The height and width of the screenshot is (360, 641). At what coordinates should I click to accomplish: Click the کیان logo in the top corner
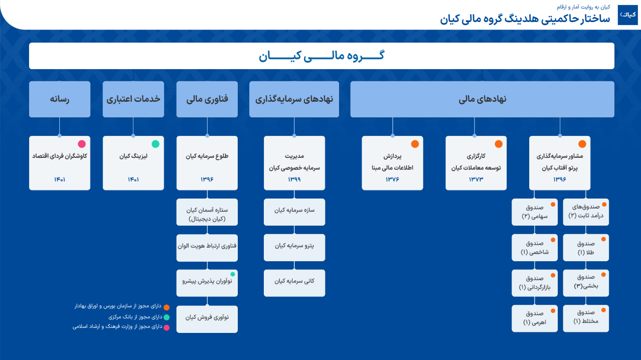[627, 15]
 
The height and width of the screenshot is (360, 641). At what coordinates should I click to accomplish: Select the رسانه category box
[60, 99]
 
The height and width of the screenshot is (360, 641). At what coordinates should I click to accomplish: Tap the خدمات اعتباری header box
[133, 99]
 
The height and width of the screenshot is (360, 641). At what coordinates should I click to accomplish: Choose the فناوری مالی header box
[207, 99]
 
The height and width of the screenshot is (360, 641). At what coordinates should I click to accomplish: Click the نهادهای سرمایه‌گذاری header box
[294, 99]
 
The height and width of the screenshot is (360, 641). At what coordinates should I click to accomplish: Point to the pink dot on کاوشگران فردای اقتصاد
[82, 144]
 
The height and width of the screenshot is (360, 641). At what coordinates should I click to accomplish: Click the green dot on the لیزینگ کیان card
[155, 144]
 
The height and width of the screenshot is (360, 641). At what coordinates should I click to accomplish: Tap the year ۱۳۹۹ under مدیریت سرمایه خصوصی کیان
[294, 179]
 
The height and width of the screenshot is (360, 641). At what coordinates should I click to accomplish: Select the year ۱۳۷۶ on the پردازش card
[392, 179]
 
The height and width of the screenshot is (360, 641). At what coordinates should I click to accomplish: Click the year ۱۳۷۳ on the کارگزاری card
[476, 179]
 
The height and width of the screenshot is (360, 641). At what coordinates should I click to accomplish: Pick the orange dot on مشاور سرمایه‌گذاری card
[582, 144]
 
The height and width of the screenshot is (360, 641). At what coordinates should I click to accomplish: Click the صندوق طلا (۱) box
[586, 248]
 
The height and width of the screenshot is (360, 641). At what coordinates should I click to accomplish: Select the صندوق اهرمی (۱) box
[535, 318]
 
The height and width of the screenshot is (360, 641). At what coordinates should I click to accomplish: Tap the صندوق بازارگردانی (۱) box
[535, 283]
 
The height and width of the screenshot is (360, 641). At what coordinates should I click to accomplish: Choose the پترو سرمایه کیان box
[294, 248]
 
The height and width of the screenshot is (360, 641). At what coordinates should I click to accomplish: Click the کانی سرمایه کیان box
[294, 283]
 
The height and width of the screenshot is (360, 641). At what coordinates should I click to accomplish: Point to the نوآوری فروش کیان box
[207, 319]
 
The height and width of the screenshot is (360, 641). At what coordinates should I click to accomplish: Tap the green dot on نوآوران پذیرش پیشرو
[233, 274]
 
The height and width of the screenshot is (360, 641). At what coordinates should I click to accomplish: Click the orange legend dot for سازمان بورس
[167, 307]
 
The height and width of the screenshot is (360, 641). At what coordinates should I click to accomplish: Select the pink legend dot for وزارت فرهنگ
[167, 328]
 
